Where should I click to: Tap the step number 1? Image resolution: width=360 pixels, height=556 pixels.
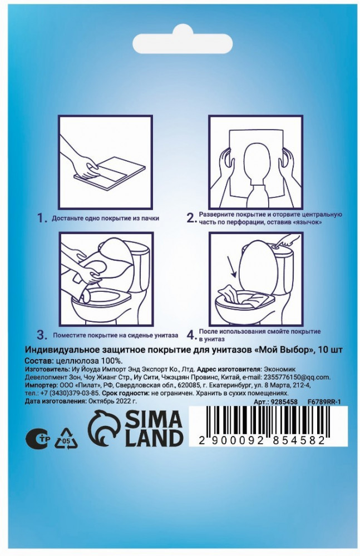tap(42, 218)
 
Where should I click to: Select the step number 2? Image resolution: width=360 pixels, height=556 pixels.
tap(191, 217)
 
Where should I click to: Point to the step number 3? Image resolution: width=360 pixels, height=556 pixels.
tap(42, 334)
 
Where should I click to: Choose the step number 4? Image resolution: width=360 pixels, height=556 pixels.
tap(191, 334)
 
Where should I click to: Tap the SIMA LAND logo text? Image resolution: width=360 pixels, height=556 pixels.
tap(154, 429)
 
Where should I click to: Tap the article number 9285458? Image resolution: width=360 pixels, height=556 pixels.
tap(284, 402)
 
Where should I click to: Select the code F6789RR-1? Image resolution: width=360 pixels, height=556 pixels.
tap(324, 402)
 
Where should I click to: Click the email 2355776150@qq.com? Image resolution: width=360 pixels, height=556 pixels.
tap(296, 377)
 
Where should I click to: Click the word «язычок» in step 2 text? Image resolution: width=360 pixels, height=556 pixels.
tap(308, 222)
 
